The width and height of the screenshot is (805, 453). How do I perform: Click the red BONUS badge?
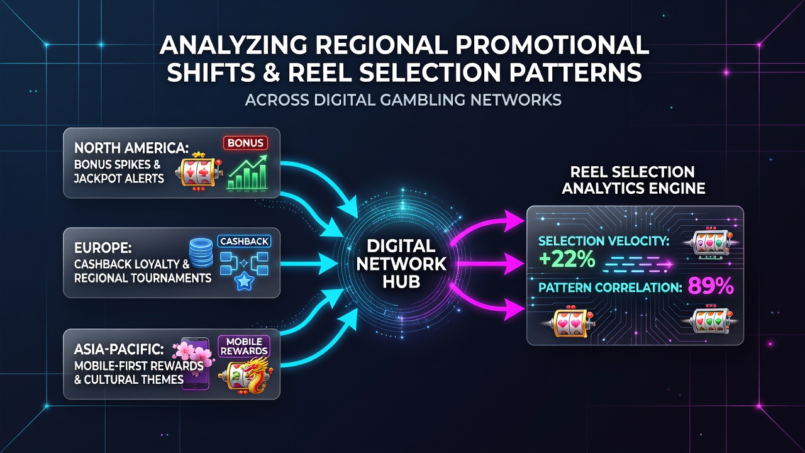click(245, 143)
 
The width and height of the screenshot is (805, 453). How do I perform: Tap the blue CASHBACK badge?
click(244, 241)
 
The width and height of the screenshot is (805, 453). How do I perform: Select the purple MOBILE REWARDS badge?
click(244, 346)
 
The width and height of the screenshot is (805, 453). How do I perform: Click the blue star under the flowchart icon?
click(245, 281)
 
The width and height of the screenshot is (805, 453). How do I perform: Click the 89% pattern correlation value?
click(711, 286)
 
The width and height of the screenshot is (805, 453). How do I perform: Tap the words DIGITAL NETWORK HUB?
click(401, 264)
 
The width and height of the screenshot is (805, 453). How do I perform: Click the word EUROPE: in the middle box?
click(103, 248)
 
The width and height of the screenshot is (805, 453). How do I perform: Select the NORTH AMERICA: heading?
click(131, 148)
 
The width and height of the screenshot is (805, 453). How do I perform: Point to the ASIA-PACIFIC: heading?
click(119, 349)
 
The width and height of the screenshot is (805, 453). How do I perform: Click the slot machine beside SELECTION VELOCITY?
click(711, 243)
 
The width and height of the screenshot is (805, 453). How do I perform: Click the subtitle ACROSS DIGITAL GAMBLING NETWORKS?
click(403, 99)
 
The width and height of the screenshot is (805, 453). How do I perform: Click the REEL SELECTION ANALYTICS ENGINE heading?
click(633, 180)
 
